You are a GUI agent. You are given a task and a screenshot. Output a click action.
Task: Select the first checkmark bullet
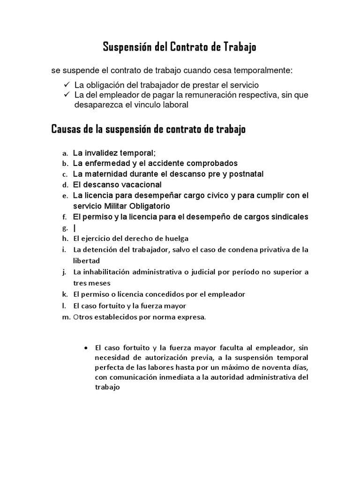[67, 84]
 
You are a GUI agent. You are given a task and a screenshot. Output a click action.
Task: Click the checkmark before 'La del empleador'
[67, 95]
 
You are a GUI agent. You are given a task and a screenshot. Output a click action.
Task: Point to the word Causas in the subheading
[65, 129]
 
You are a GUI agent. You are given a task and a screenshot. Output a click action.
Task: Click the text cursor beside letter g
[74, 228]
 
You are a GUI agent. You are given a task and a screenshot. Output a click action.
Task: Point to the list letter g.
[65, 228]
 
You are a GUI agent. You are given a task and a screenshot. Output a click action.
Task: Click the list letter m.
[66, 317]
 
